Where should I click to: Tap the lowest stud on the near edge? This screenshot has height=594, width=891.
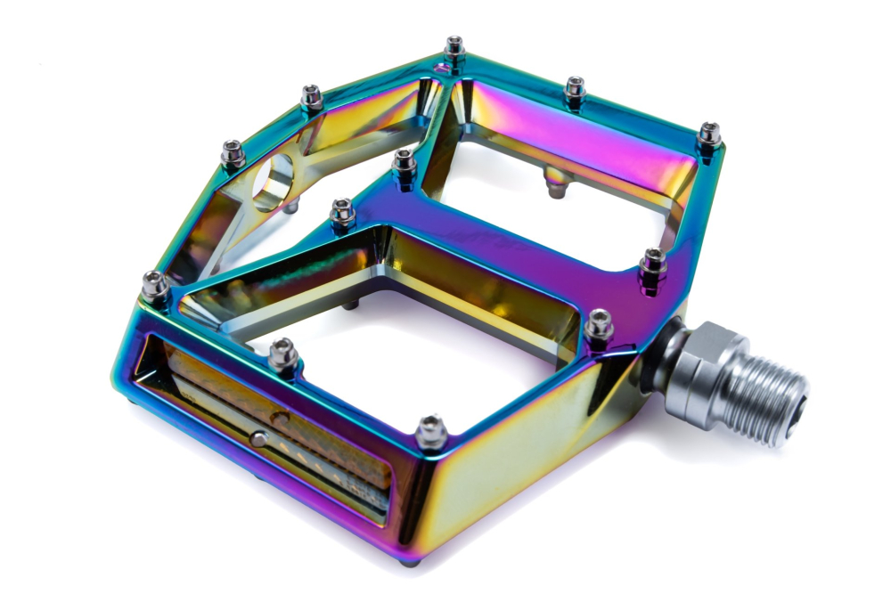pos(431,431)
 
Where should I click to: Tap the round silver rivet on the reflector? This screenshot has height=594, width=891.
pos(258,438)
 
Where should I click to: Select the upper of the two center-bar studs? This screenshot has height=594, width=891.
pos(404,165)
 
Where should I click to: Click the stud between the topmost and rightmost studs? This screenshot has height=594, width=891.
pos(575,90)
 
